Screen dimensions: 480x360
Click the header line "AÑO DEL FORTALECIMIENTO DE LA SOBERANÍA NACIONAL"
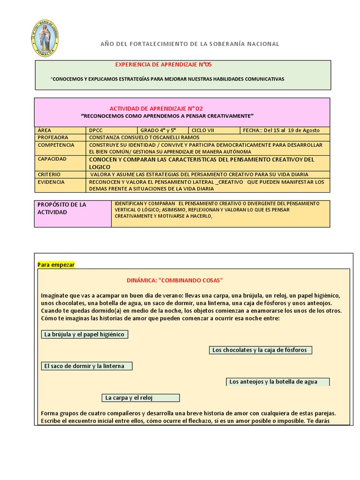tap(190, 44)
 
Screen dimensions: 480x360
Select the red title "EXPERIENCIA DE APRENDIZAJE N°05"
tap(160, 64)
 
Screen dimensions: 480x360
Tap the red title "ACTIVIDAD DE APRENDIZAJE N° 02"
tap(156, 109)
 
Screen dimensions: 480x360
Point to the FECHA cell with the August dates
tap(284, 130)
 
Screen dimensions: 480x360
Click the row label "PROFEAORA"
tap(53, 137)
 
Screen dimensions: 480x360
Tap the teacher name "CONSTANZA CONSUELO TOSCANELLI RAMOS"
tap(144, 137)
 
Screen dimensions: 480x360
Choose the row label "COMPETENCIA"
tap(56, 145)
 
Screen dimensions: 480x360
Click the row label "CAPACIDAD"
tap(52, 159)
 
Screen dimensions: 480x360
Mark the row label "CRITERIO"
tap(50, 174)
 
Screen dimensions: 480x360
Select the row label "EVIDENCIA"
tap(51, 182)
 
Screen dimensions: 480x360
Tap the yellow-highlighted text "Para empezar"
tap(56, 265)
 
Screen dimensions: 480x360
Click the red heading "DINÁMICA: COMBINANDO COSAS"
tap(175, 280)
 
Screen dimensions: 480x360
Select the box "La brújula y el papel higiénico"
tap(84, 334)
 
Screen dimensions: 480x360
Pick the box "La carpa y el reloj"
tap(141, 397)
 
